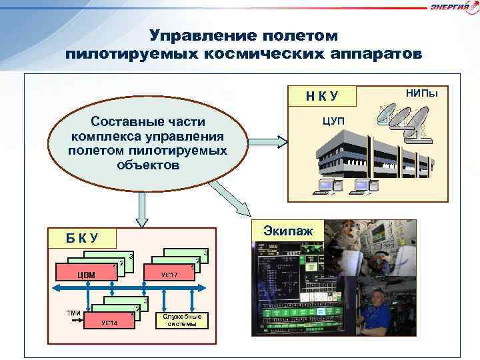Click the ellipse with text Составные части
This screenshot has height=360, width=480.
click(x=147, y=143)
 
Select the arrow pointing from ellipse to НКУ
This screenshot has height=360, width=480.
click(x=269, y=142)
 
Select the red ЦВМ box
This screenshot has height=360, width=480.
click(x=86, y=274)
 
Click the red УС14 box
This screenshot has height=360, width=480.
click(x=109, y=323)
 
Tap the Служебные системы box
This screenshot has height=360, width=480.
click(x=182, y=319)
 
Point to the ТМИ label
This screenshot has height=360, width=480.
click(x=73, y=313)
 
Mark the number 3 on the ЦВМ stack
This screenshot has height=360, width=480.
click(x=131, y=257)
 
